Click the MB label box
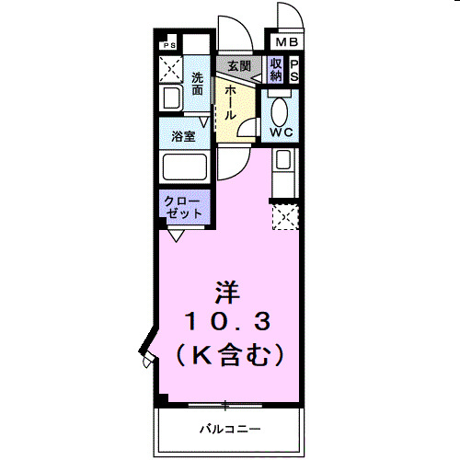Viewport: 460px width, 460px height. coord(285,42)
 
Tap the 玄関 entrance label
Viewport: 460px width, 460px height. coord(239,66)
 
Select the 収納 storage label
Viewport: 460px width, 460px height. coord(276,70)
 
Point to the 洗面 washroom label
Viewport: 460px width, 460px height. coord(198,84)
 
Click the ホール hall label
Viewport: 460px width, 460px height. coord(228,101)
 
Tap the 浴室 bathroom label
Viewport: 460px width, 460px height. coord(182,136)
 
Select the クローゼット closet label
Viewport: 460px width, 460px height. coord(183,207)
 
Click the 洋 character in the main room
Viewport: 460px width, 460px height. coord(227,293)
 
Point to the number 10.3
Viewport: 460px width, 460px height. coord(227,321)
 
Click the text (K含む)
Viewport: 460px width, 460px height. coord(227,352)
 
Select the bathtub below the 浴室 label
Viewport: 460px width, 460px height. coord(183,167)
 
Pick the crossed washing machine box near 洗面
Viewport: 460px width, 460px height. coord(169,67)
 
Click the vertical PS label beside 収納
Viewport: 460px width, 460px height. coord(294,70)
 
